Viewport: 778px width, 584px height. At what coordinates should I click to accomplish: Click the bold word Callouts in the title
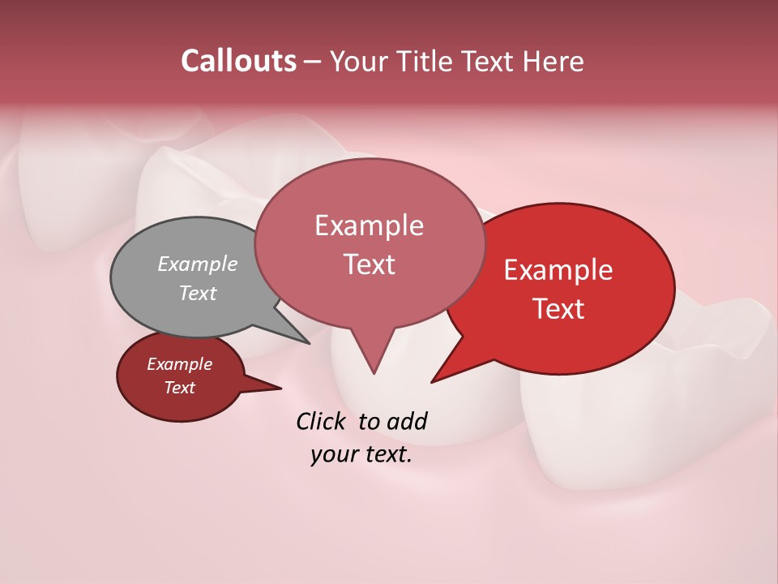pos(238,61)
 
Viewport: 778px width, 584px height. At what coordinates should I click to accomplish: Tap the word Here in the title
pos(554,62)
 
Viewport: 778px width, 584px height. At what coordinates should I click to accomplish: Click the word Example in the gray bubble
pos(198,264)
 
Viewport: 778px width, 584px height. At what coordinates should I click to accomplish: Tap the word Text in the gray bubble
pos(198,293)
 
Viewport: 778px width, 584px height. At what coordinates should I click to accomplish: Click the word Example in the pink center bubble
pos(369,225)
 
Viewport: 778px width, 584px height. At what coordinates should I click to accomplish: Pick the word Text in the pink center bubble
pos(369,264)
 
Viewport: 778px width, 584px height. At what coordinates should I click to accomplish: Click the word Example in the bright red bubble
pos(558,270)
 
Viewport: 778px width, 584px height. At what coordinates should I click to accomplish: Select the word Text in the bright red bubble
pos(559,308)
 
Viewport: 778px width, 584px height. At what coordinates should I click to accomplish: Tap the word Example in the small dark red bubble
pos(179,364)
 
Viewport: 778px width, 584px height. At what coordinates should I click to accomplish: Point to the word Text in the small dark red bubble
pos(179,388)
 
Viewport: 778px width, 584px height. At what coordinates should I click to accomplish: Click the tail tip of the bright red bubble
pos(433,380)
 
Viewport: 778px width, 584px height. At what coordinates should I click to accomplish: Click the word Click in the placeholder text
pos(322,421)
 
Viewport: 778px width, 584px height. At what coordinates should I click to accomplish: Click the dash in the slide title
pos(313,62)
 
